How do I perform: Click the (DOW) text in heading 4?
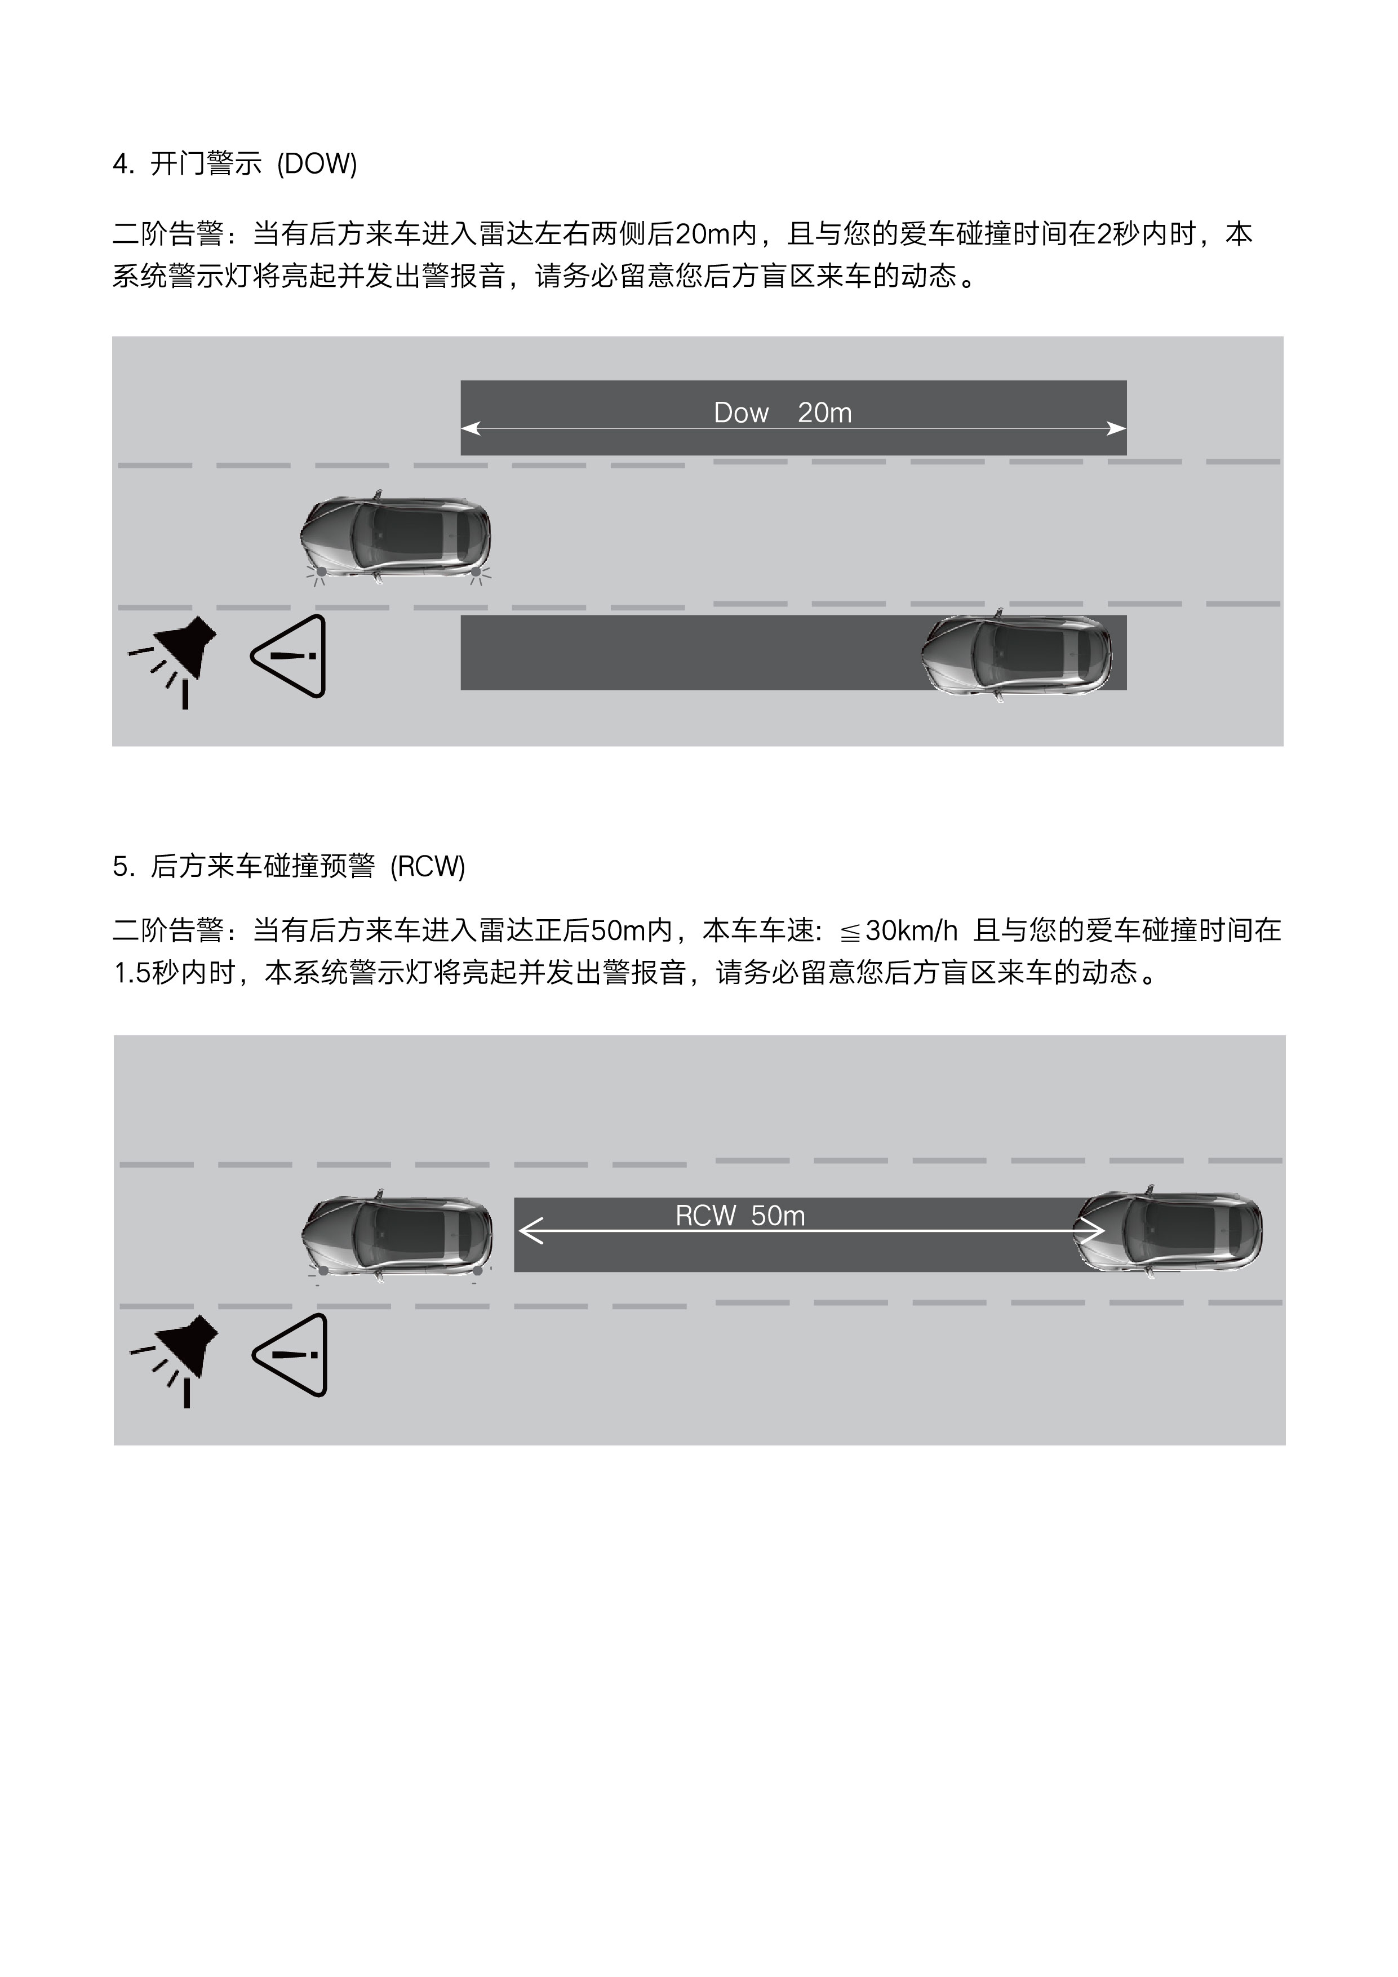click(x=317, y=163)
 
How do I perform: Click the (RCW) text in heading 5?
click(x=427, y=866)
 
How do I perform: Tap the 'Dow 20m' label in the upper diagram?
click(x=783, y=413)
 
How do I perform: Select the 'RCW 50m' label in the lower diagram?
click(x=740, y=1216)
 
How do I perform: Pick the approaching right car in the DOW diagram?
click(x=1017, y=655)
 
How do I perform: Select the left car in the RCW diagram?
click(x=397, y=1236)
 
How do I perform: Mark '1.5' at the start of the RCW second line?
click(x=132, y=973)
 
